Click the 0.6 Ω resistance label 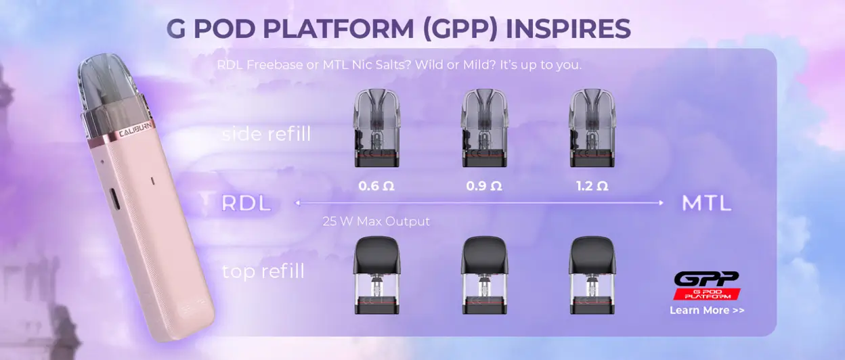[376, 186]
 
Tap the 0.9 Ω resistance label [484, 186]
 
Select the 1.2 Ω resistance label [592, 186]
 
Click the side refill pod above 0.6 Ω [376, 128]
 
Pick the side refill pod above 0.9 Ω [485, 128]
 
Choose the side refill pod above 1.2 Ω [592, 128]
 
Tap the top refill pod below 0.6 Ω [376, 275]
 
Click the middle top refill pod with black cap [485, 275]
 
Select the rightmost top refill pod [592, 275]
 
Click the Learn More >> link [707, 310]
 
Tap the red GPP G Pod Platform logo [707, 286]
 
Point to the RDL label [246, 203]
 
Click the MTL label [707, 203]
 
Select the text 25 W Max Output [376, 221]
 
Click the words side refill [266, 134]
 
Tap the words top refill [263, 271]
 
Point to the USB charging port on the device [114, 199]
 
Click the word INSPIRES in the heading [568, 28]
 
